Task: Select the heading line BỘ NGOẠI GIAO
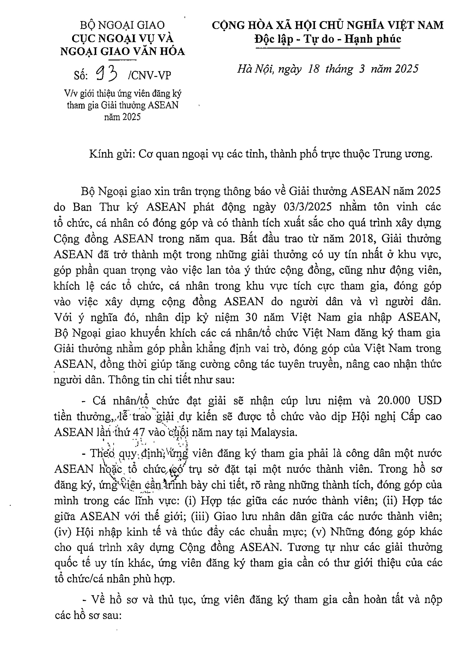[122, 25]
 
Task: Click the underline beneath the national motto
[328, 48]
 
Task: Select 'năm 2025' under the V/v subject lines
[122, 117]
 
